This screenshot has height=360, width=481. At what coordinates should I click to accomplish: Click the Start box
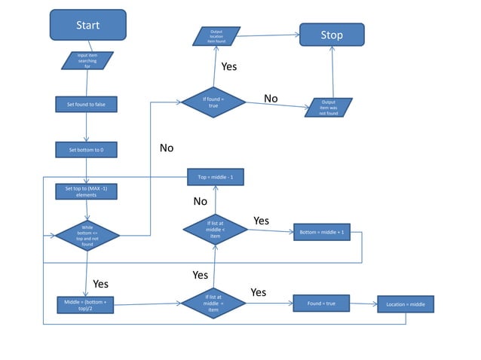(87, 25)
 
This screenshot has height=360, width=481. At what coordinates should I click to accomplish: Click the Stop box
(332, 35)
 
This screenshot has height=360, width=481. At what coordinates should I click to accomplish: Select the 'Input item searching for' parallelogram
(87, 60)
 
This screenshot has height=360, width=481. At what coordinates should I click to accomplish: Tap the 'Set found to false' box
(87, 105)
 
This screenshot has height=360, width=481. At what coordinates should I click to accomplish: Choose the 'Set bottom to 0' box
(87, 150)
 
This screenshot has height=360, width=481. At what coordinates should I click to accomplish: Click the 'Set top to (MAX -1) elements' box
(87, 191)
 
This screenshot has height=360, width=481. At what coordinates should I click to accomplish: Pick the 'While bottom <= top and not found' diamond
(87, 235)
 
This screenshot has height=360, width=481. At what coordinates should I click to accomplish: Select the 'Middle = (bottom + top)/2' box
(87, 305)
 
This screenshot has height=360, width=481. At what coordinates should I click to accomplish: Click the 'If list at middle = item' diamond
(213, 304)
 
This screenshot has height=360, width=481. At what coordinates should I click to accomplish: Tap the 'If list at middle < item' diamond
(215, 231)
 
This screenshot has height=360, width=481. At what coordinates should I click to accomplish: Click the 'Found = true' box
(321, 304)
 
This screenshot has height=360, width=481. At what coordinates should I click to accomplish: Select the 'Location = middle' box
(406, 304)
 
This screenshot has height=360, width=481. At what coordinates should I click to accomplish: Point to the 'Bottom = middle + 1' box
(322, 232)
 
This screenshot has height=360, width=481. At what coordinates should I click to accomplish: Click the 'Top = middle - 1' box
(216, 177)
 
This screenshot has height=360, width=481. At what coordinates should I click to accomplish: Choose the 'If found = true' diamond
(213, 102)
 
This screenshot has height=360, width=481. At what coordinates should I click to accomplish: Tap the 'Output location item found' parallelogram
(216, 36)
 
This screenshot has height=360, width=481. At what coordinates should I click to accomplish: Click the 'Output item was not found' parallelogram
(329, 108)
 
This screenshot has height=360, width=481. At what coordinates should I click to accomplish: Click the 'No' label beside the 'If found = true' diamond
(271, 99)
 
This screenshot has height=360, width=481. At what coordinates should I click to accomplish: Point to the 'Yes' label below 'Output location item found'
(228, 67)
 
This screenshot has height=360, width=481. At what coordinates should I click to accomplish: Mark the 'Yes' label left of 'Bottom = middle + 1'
(261, 221)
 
